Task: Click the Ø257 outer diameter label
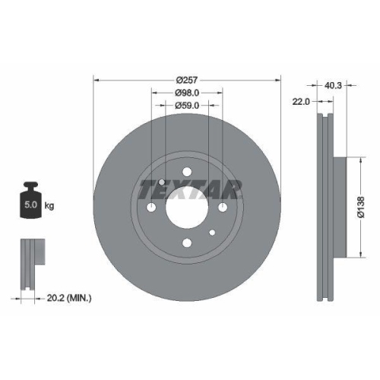point(187,80)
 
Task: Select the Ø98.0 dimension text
point(187,93)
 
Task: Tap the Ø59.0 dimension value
point(187,106)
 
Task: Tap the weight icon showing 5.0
point(32,200)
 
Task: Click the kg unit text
point(50,206)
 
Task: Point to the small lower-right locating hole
point(213,233)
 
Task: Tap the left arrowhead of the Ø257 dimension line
point(95,80)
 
